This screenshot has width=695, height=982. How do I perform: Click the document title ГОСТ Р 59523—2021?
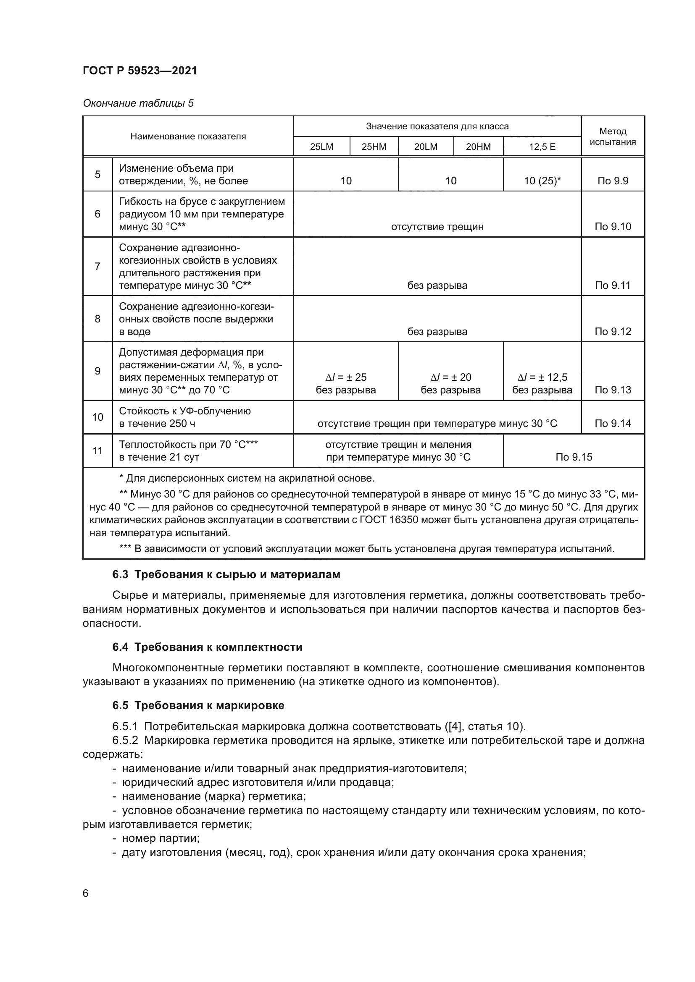tap(140, 71)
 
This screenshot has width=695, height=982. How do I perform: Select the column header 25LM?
tap(321, 147)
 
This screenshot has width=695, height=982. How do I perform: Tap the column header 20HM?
tap(478, 147)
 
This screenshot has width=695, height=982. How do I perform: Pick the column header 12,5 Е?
tap(542, 147)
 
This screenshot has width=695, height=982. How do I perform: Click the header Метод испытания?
tap(612, 136)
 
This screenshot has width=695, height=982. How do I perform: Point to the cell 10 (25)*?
tap(542, 181)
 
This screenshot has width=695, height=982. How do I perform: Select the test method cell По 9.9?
tap(612, 181)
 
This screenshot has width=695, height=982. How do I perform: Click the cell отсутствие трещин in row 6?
tap(437, 227)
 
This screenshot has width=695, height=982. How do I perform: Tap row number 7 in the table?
tap(97, 267)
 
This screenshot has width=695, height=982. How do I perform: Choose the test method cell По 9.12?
tap(612, 332)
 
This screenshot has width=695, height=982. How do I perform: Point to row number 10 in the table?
tap(97, 417)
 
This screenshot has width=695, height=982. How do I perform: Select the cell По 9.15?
tap(574, 457)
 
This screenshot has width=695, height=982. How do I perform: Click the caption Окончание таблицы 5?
tap(138, 103)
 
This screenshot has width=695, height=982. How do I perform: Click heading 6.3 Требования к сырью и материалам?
tap(226, 574)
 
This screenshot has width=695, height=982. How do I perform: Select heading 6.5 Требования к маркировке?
tap(198, 705)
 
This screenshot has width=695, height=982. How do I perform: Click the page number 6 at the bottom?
tap(86, 893)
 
